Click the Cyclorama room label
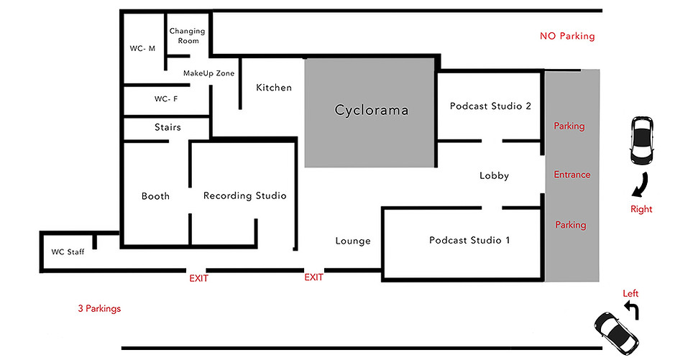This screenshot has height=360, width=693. click(x=372, y=111)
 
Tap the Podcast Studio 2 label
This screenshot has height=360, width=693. click(x=490, y=106)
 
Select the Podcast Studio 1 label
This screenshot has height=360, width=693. click(x=469, y=240)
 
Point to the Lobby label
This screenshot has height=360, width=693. click(x=494, y=175)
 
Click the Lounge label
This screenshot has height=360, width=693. click(x=353, y=241)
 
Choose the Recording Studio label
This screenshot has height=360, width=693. click(x=244, y=195)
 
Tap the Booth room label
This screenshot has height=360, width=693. click(x=155, y=195)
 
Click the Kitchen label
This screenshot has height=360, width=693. click(x=274, y=88)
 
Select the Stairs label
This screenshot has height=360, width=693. click(x=167, y=127)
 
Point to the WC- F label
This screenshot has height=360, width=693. click(x=166, y=99)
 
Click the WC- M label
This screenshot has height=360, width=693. click(x=143, y=49)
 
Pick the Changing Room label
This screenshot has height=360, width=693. click(x=187, y=36)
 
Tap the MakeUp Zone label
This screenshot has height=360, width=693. click(x=208, y=73)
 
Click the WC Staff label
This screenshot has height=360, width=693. click(x=67, y=252)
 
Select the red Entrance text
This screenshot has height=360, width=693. click(x=572, y=175)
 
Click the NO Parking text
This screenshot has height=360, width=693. click(x=567, y=36)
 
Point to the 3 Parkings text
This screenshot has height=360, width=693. click(x=99, y=309)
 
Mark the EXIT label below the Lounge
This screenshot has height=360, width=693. click(x=313, y=277)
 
